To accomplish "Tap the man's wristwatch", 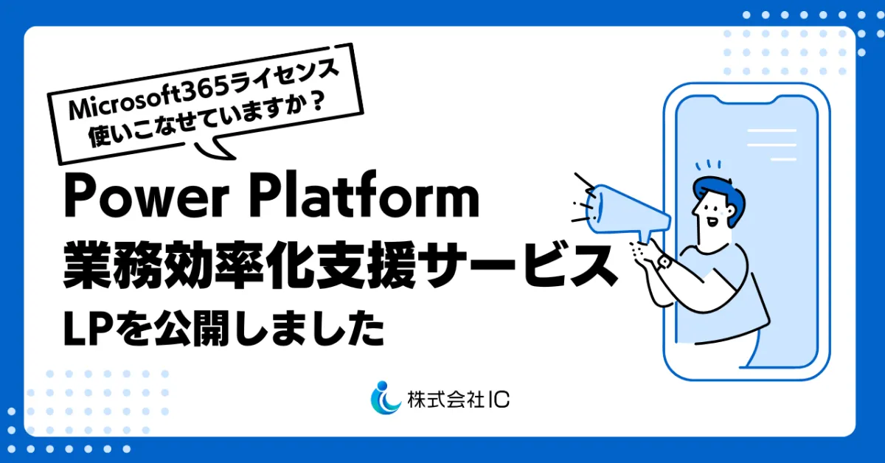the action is tap(664, 262).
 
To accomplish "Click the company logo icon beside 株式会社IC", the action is tap(385, 398).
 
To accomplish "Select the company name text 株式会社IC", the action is tap(458, 400).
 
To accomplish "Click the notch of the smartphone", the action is tap(746, 100).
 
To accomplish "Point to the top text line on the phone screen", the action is tap(771, 130).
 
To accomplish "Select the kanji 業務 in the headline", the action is tap(114, 265).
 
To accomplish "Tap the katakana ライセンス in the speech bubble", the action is tap(285, 80).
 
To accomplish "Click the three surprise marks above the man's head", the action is tap(709, 164).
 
